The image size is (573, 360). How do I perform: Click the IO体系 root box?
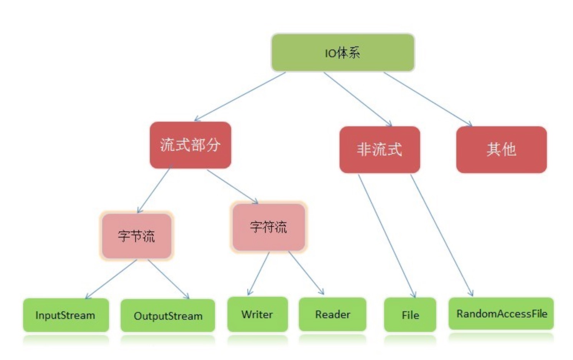(x=343, y=52)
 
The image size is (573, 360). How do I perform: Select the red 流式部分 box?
(x=190, y=145)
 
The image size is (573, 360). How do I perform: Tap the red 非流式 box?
(x=379, y=149)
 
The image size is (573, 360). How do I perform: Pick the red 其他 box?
(x=501, y=149)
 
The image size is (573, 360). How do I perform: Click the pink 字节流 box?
(x=136, y=236)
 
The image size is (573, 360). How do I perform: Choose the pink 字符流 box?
(x=268, y=227)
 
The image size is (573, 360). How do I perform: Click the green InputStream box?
(x=66, y=315)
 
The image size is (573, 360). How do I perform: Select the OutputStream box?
(x=168, y=315)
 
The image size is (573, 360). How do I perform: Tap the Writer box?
(x=257, y=314)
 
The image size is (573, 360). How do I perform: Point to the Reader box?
(x=333, y=314)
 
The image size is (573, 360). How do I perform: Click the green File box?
(x=410, y=315)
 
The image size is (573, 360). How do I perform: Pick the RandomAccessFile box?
(x=501, y=314)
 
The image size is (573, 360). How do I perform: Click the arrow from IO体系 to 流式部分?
(x=240, y=96)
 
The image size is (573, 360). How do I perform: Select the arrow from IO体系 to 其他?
(x=428, y=99)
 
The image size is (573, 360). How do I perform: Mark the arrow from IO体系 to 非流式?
(x=358, y=99)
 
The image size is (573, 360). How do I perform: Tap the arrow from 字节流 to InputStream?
(x=111, y=279)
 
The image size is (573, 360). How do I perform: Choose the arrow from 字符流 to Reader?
(x=306, y=273)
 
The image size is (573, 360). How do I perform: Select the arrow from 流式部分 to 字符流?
(x=232, y=186)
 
